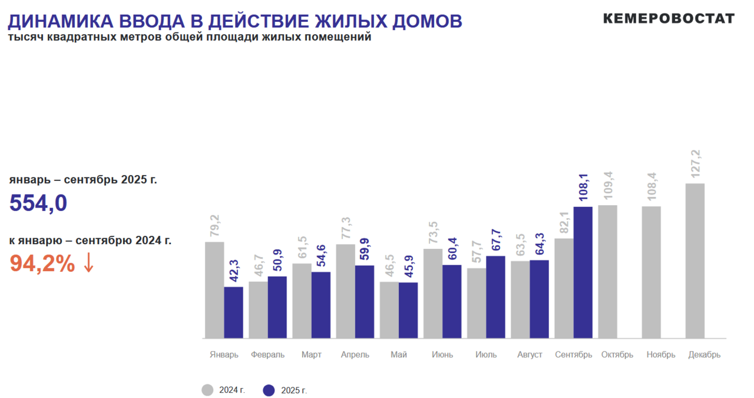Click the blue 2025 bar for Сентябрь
(x=583, y=272)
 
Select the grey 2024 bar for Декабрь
(x=695, y=261)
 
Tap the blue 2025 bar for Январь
(x=234, y=313)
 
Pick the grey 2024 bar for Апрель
(x=346, y=291)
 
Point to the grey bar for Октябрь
(x=607, y=272)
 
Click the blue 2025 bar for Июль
(x=495, y=297)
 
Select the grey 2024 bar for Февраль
(x=258, y=310)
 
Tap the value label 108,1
(x=583, y=188)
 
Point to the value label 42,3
(x=233, y=271)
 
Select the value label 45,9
(x=408, y=267)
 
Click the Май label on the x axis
(x=398, y=355)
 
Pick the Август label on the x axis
(x=530, y=355)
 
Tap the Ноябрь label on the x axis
(x=661, y=355)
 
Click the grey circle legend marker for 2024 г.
(x=207, y=390)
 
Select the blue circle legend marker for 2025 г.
(x=269, y=390)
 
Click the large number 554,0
(x=38, y=203)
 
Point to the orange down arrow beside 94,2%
(x=88, y=263)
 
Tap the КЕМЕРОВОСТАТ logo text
(x=669, y=18)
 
